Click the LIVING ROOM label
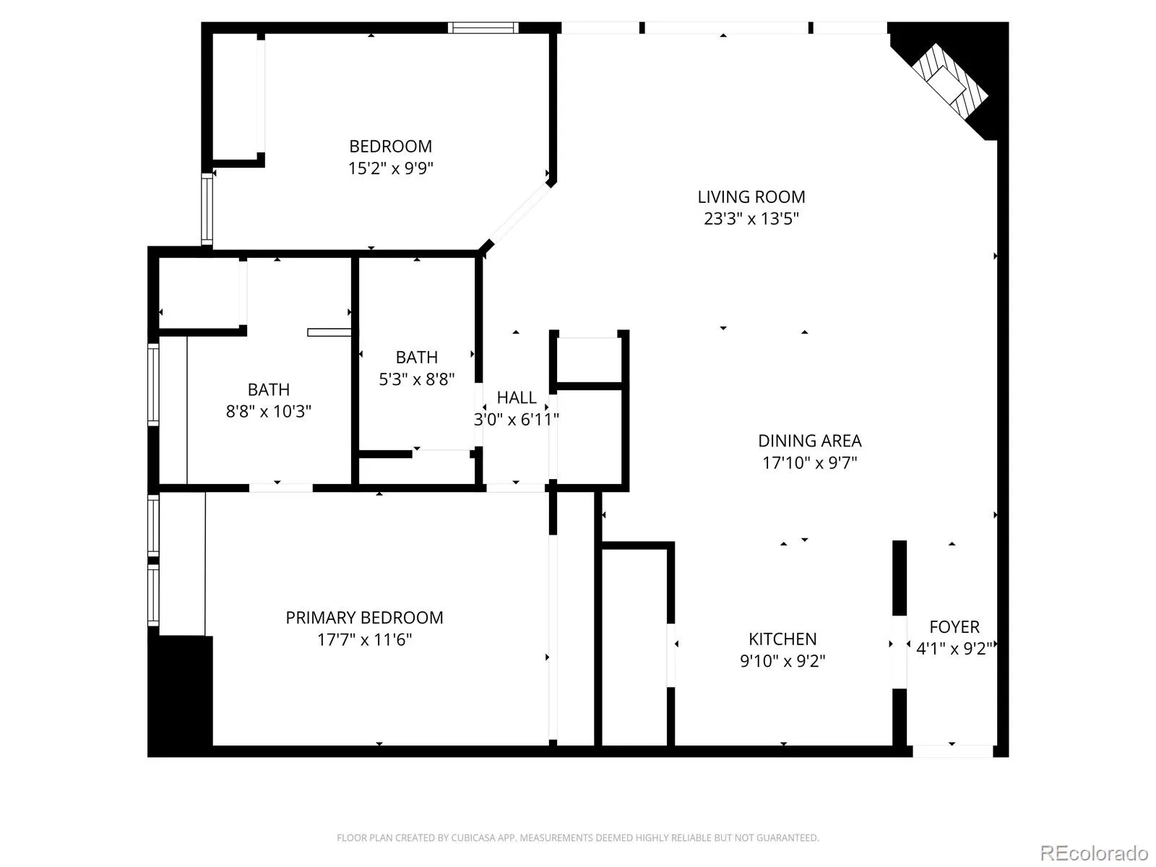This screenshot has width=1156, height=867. click(x=751, y=197)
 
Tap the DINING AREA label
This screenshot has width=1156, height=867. click(x=809, y=441)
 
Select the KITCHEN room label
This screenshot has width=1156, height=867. click(x=782, y=639)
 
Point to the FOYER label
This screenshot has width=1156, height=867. click(x=954, y=627)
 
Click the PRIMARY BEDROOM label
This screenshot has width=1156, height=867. click(x=364, y=618)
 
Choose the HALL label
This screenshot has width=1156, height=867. click(x=517, y=397)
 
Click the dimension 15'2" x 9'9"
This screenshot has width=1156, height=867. click(x=391, y=168)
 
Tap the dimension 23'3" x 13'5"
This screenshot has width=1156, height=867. click(x=751, y=218)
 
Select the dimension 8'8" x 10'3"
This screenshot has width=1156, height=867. click(x=269, y=411)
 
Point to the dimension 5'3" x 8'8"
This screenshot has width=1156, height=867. click(x=417, y=379)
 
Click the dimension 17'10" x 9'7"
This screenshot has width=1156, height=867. click(x=809, y=462)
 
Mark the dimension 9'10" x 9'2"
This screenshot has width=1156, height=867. click(x=782, y=660)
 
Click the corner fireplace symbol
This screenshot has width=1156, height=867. click(x=949, y=81)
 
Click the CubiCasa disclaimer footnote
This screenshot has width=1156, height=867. click(x=578, y=837)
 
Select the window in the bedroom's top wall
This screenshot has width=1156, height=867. click(x=483, y=27)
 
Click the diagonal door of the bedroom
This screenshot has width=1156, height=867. click(x=519, y=213)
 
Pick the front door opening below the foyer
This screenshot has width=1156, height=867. click(x=952, y=751)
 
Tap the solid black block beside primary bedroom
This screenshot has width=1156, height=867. click(x=180, y=696)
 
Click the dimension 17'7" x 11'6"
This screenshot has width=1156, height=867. click(x=364, y=639)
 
